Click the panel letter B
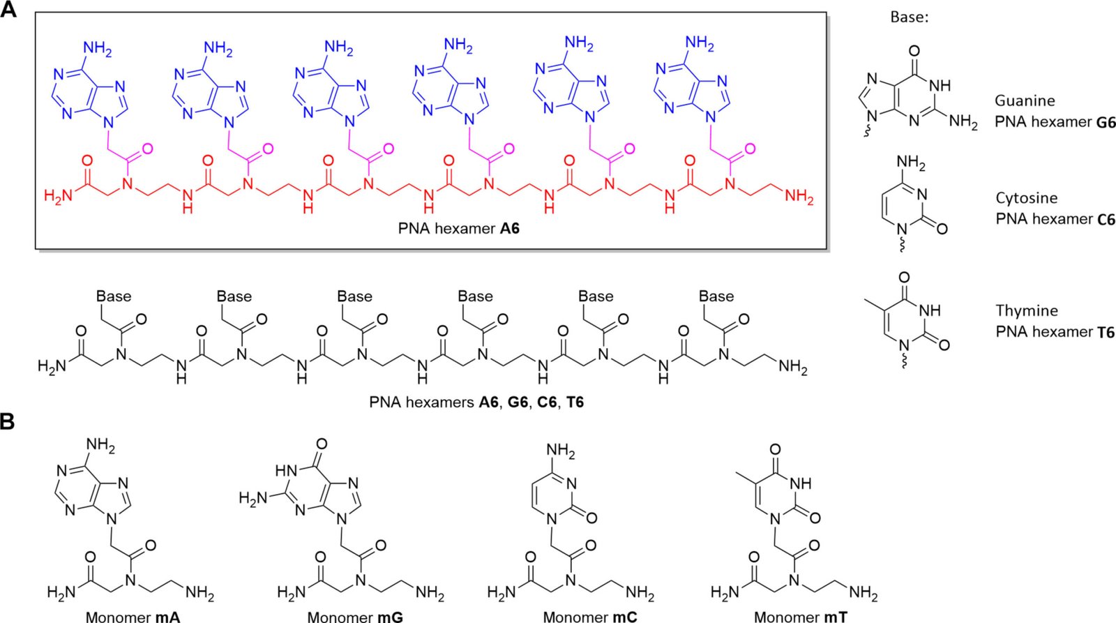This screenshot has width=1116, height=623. click(x=8, y=422)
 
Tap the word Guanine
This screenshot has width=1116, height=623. click(x=1024, y=101)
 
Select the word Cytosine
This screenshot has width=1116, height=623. click(x=1026, y=198)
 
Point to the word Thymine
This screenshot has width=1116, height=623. click(x=1026, y=310)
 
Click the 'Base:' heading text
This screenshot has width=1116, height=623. click(x=909, y=17)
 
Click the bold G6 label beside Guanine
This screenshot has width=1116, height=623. click(x=1106, y=122)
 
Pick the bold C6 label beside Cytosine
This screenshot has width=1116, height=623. click(x=1106, y=219)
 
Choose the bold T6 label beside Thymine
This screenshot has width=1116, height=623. click(x=1106, y=332)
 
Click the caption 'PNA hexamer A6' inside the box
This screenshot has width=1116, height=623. click(x=458, y=228)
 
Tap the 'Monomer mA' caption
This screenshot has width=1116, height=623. click(x=133, y=616)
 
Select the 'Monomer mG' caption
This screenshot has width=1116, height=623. click(x=355, y=616)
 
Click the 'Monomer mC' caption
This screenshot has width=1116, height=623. click(x=589, y=616)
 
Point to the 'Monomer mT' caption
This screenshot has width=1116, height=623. click(x=801, y=616)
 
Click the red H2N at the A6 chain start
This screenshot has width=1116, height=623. click(x=58, y=196)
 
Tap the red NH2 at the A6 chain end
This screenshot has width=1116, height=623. click(x=799, y=196)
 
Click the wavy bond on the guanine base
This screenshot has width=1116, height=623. click(x=867, y=130)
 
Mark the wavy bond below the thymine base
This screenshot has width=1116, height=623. click(x=905, y=362)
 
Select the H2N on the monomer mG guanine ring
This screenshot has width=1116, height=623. click(x=253, y=498)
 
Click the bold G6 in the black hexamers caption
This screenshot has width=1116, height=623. click(x=518, y=403)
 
